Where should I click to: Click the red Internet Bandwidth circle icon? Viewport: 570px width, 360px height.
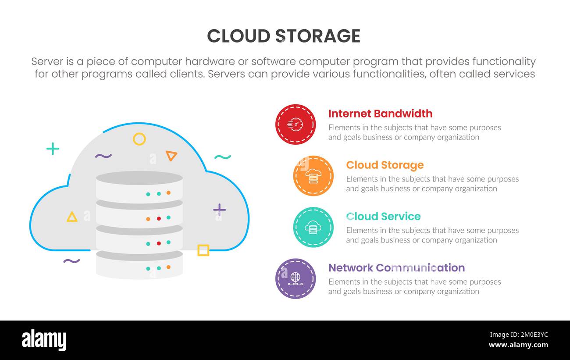click(296, 125)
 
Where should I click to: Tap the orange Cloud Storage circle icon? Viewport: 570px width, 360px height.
click(313, 176)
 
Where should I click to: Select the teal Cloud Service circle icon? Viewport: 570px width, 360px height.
click(313, 227)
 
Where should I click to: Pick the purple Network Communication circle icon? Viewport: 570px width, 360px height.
click(296, 278)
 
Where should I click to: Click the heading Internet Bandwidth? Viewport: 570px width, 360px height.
click(380, 114)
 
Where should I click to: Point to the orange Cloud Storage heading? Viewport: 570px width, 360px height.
click(385, 165)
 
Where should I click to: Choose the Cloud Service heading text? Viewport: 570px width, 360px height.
click(383, 216)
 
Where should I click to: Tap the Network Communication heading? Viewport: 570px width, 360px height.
click(396, 267)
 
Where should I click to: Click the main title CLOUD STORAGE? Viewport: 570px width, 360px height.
click(284, 36)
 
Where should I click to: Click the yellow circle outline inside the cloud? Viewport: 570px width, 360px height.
click(139, 139)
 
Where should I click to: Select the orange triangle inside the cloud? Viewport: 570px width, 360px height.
click(171, 155)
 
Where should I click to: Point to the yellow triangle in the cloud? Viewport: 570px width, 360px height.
click(72, 217)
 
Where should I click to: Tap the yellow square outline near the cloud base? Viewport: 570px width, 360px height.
click(203, 250)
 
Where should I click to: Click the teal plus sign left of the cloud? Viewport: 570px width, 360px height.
click(53, 149)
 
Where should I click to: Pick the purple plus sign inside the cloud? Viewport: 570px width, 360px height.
click(219, 209)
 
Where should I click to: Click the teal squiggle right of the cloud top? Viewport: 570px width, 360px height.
click(222, 157)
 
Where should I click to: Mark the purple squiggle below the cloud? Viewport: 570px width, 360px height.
click(71, 261)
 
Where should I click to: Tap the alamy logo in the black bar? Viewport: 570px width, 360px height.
click(44, 340)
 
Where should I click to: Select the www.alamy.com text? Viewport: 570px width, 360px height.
click(518, 345)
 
